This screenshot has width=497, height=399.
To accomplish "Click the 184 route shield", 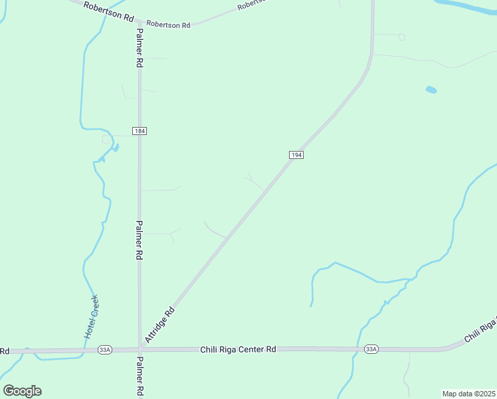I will coord(139,131).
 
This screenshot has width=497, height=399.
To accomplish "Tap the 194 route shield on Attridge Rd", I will coord(296,155).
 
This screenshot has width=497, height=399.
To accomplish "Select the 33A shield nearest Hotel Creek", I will coord(104,349).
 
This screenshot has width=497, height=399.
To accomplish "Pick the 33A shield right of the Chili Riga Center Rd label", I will coord(371,349).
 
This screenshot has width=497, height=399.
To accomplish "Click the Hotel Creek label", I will coord(91,317).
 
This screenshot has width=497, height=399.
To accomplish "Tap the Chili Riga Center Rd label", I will coord(238,348).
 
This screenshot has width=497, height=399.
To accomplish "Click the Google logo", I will coord(23,391).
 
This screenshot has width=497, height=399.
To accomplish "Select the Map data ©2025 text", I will coord(468,394).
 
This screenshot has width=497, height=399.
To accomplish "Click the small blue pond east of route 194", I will coord(431,89).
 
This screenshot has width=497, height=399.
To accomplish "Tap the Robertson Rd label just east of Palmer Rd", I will coord(168,25).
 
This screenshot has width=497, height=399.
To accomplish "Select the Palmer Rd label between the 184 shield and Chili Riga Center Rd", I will coord(140,240).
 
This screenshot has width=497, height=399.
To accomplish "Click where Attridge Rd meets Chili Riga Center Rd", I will coord(142,348).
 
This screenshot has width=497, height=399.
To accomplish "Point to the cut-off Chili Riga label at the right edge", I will coord(480,329).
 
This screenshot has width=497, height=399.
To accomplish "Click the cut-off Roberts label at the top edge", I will coord(251,4).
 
